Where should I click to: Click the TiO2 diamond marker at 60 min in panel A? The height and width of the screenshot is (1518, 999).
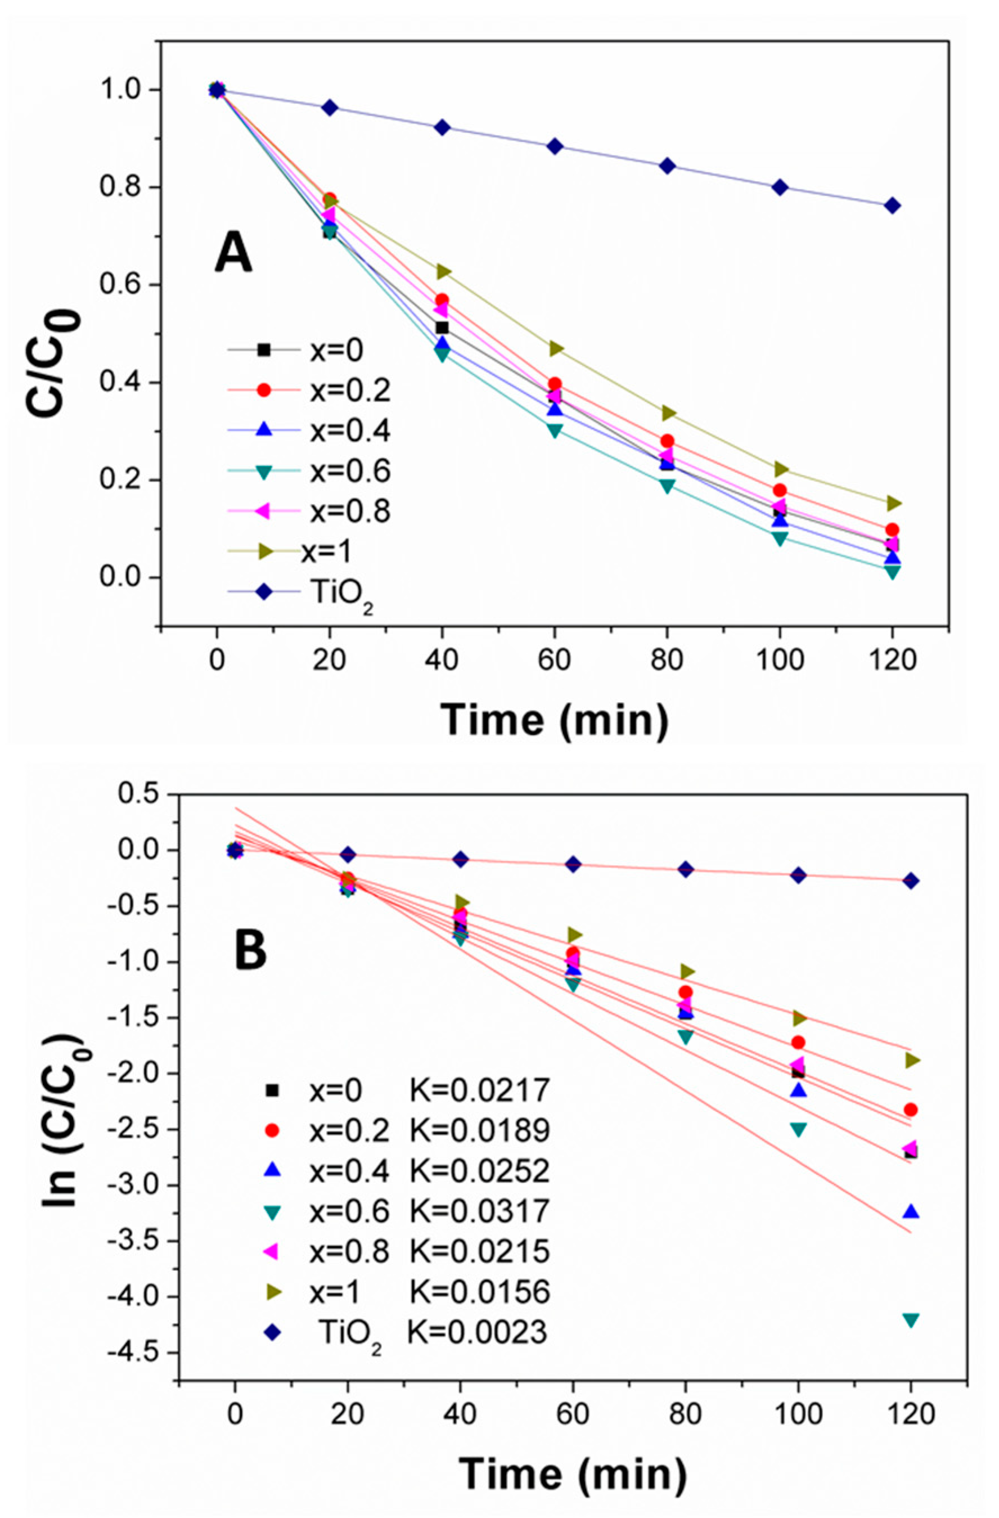tap(555, 146)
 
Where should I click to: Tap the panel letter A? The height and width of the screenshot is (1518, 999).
tap(233, 252)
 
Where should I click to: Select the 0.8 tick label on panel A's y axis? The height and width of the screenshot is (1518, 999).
tap(120, 187)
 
